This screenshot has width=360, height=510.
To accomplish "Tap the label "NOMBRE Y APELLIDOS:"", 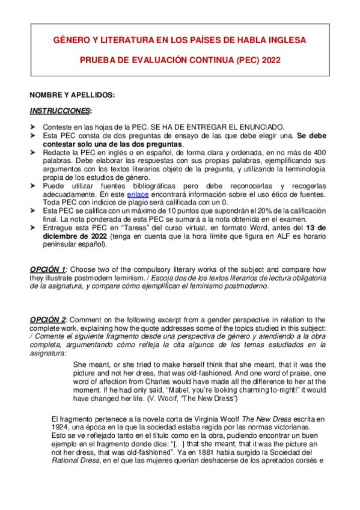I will tap(72, 95).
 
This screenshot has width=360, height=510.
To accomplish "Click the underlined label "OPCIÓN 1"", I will tap(47, 269).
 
